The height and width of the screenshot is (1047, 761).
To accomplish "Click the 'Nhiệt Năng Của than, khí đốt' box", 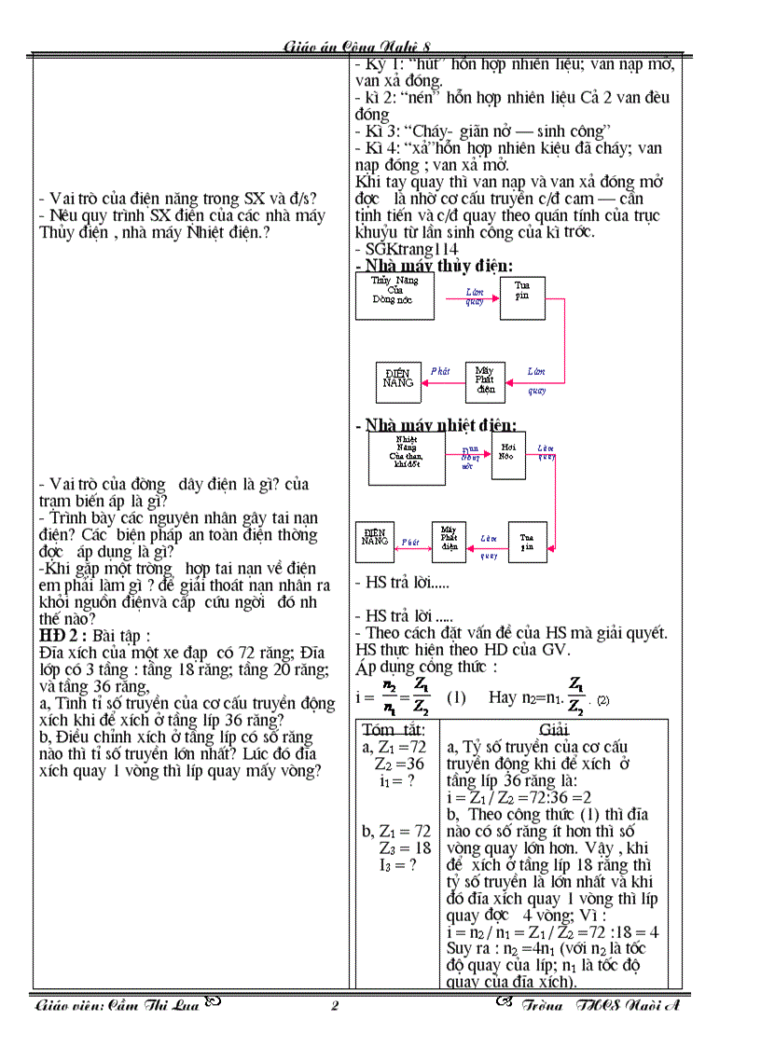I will pos(407,459).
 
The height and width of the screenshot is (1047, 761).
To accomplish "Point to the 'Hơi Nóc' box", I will pos(508,455).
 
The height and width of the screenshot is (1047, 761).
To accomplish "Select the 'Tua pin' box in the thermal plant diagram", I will pos(527,542).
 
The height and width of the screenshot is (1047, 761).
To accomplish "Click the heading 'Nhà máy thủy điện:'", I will pos(435,266).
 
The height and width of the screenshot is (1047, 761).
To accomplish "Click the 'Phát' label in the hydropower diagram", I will pos(440,371).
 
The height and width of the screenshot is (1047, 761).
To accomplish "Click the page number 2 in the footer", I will pos(336,1006).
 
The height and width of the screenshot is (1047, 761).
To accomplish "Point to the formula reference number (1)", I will pos(456,697).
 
